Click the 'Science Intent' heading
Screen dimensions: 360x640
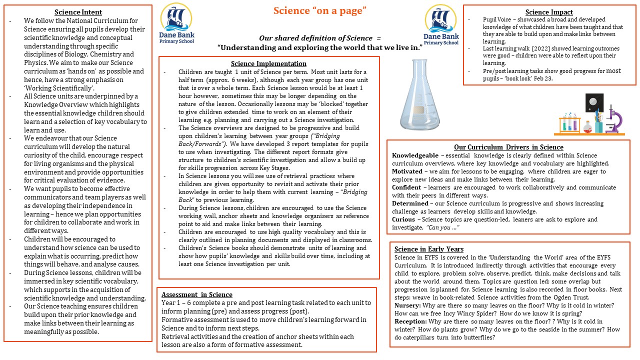point(78,12)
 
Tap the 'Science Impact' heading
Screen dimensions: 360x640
point(549,12)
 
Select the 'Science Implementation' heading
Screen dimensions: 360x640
point(268,63)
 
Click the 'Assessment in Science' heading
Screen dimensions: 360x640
point(197,294)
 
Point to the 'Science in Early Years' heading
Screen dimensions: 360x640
point(429,249)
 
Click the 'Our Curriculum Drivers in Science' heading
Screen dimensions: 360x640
point(508,147)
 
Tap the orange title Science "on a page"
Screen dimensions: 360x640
point(320,10)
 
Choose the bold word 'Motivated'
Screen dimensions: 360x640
point(407,171)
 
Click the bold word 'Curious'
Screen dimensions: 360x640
point(403,219)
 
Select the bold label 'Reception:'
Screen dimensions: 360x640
point(412,321)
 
